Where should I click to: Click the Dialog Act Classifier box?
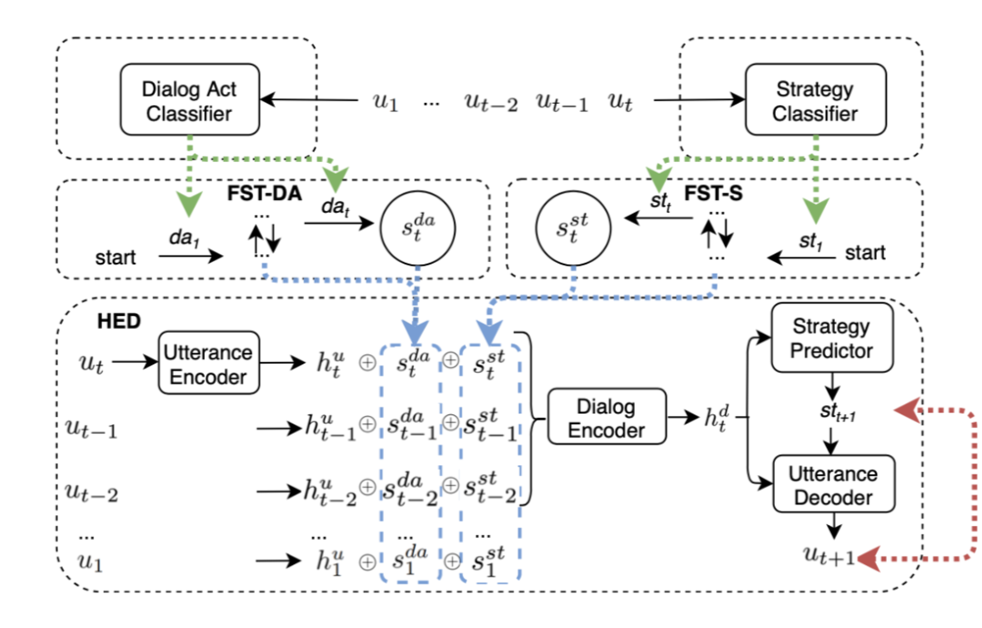click(x=187, y=101)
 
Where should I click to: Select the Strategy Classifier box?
click(x=802, y=101)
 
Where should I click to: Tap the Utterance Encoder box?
click(x=207, y=363)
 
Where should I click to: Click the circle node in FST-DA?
click(x=416, y=227)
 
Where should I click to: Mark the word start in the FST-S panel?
click(x=866, y=253)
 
